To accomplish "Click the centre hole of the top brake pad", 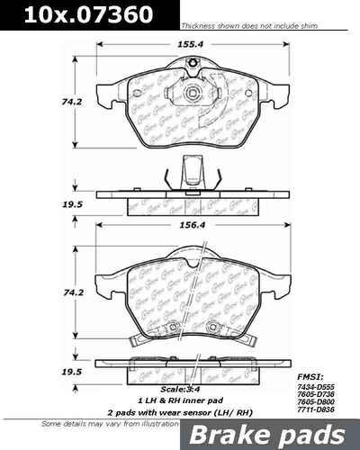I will (193, 94).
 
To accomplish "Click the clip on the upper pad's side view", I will (192, 171).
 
